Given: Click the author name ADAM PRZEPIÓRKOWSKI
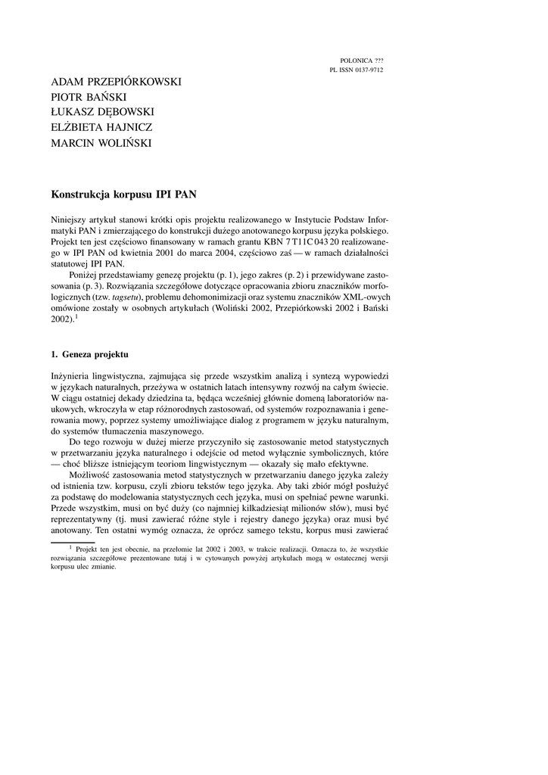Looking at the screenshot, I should coord(116,81).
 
